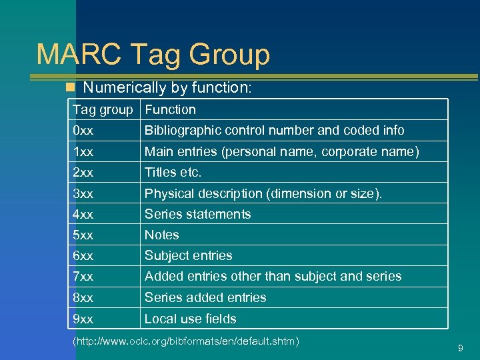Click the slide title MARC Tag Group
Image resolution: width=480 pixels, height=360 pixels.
153,55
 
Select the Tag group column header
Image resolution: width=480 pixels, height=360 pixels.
103,109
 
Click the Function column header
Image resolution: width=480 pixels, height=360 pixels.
170,109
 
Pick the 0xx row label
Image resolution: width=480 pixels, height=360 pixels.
83,130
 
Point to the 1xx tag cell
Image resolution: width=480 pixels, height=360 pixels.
83,151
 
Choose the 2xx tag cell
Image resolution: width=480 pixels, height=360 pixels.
83,172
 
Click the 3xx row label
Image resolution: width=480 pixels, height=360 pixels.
83,193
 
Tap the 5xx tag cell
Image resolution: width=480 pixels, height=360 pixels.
83,235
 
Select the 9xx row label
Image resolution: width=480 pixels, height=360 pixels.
83,319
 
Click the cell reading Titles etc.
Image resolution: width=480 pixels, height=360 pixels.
173,172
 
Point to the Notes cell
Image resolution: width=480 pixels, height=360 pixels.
161,235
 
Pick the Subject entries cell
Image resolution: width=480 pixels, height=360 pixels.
188,255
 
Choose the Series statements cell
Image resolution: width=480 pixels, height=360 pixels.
197,214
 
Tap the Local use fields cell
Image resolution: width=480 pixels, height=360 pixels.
190,319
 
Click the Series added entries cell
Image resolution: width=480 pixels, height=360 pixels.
205,297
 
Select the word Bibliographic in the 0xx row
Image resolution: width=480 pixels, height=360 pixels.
180,130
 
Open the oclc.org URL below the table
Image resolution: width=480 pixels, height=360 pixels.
185,342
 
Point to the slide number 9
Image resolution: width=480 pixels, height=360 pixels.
461,347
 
